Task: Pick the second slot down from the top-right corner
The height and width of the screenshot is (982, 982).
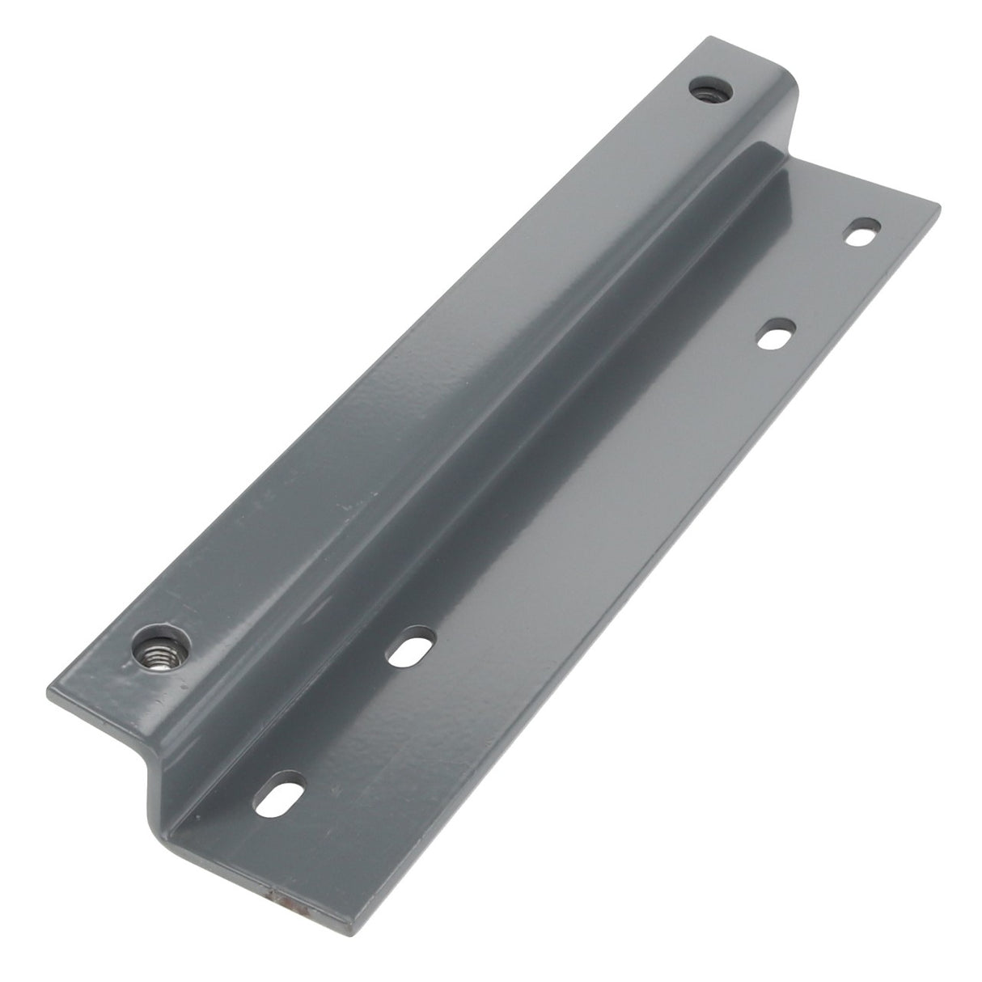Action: [777, 332]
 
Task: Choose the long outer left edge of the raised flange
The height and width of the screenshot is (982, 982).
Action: [364, 356]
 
